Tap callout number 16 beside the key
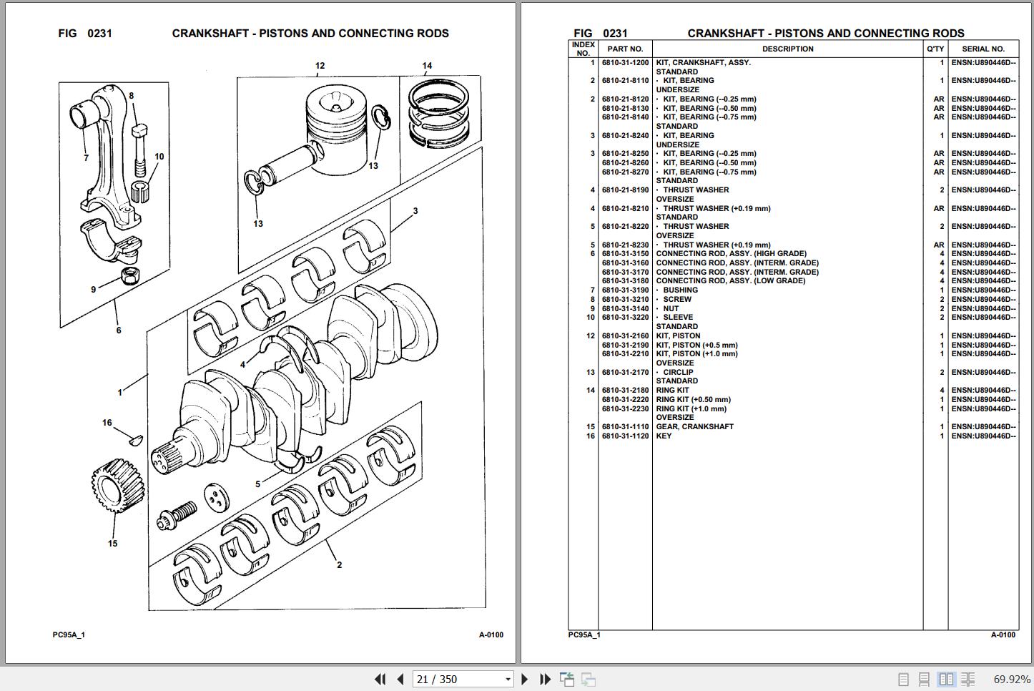point(107,423)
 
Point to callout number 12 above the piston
point(320,66)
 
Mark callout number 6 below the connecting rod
point(119,330)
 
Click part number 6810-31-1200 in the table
point(625,63)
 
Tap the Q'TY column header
point(935,49)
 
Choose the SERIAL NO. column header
point(983,49)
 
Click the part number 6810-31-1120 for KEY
point(625,436)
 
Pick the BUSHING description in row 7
point(680,290)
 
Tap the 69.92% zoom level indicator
point(1011,679)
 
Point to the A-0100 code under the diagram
point(491,635)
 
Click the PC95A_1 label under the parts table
point(584,635)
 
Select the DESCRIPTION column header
point(787,49)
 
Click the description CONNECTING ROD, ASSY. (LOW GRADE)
point(730,281)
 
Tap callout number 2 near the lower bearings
point(339,565)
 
